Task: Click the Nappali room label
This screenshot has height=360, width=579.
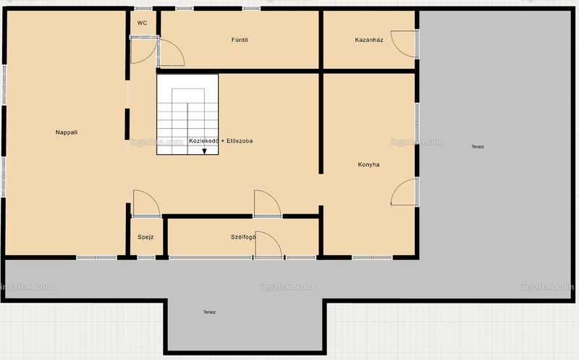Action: point(67,133)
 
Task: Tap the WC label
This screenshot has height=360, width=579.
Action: point(142,23)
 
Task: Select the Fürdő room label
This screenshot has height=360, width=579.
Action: point(240,40)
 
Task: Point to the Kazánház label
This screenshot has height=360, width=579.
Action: point(369,40)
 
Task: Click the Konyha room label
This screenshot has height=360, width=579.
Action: point(368,164)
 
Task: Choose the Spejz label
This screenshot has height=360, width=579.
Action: point(145,237)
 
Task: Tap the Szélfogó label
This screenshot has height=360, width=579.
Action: point(243,237)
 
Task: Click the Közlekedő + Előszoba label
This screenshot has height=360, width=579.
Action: point(221,141)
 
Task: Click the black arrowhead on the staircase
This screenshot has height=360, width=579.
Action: point(204,151)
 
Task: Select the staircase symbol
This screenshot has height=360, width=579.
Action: point(187,114)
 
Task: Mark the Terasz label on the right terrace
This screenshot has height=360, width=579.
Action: point(478,147)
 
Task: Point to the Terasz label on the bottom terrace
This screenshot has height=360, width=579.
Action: point(209,312)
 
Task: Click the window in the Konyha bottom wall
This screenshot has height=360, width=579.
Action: point(372,257)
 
